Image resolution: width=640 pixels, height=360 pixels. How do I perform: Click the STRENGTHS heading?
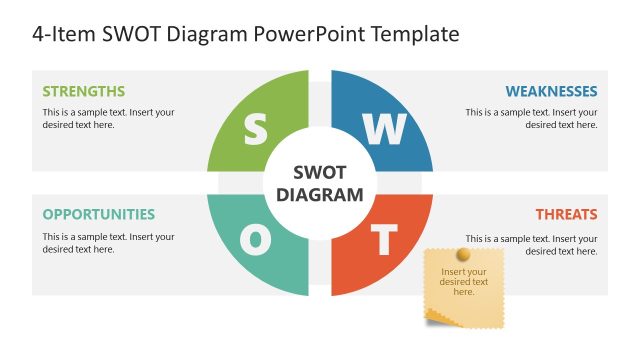click(x=84, y=91)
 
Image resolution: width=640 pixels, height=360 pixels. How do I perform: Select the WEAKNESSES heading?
click(x=551, y=91)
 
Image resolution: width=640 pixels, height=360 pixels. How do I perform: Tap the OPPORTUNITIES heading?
click(x=99, y=214)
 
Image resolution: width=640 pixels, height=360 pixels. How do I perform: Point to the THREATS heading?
click(x=566, y=214)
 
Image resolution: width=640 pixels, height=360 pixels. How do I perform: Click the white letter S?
click(x=256, y=129)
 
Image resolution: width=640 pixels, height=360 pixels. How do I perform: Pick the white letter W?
click(x=384, y=129)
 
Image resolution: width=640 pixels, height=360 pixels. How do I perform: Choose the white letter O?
click(x=256, y=240)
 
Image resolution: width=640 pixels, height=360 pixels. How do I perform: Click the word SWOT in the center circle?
click(x=319, y=173)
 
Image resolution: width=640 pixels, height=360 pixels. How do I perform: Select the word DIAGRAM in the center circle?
click(x=319, y=194)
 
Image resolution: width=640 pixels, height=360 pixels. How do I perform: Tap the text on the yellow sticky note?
click(x=464, y=282)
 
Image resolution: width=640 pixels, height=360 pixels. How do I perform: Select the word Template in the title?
click(x=415, y=34)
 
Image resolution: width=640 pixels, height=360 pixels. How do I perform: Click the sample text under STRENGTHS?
click(x=108, y=118)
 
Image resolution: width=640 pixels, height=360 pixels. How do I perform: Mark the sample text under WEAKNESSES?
click(x=531, y=118)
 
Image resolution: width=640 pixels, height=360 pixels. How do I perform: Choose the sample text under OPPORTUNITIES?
click(x=108, y=243)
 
